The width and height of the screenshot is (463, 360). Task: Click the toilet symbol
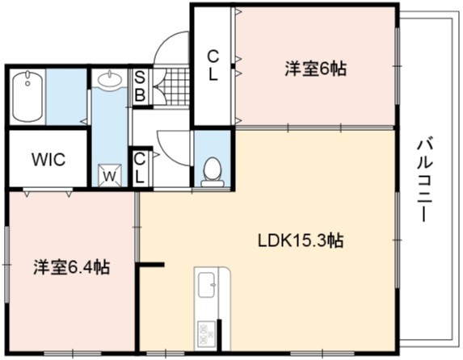point(213,172)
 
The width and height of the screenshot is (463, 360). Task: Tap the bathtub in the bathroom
point(27,96)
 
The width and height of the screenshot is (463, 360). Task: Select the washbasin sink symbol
point(110,79)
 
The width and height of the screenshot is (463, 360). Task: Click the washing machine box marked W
point(110,175)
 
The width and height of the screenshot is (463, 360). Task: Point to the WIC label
point(48,160)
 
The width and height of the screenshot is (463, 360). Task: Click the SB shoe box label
point(140,87)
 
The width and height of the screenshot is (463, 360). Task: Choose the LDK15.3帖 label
point(301,241)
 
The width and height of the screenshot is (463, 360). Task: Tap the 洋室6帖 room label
point(315,69)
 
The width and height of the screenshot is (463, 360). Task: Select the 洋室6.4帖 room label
point(72,268)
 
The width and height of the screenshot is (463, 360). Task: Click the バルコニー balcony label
point(424,181)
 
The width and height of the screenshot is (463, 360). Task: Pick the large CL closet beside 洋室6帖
point(213,65)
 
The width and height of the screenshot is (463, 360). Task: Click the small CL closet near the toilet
point(139,168)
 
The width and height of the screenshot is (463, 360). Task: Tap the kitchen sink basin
point(206,285)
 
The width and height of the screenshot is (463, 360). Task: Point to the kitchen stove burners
point(206,334)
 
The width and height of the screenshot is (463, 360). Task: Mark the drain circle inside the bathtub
point(27,83)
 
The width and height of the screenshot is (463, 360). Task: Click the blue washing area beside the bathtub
point(65,97)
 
